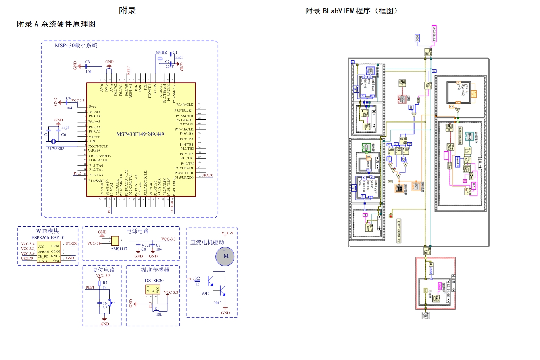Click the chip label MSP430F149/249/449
140,134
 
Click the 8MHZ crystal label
161,52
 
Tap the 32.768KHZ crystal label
56,149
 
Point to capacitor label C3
88,62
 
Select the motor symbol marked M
225,256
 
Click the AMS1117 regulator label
119,249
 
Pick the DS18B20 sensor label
154,280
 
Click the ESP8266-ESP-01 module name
48,237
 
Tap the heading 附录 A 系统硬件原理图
56,24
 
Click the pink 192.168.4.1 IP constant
434,34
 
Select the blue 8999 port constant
417,38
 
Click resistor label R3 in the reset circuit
105,283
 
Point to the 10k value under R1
159,314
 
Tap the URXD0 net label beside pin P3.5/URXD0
207,175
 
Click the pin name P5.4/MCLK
185,105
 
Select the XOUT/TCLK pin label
98,146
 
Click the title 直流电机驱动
207,242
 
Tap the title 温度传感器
155,270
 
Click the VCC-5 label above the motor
227,233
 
